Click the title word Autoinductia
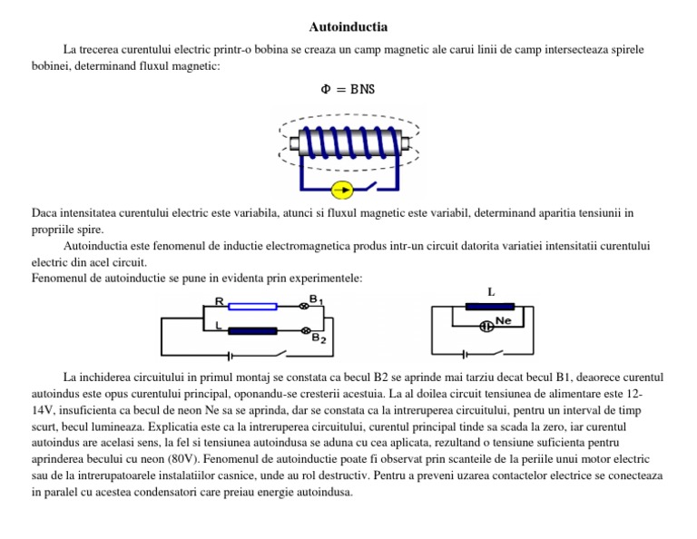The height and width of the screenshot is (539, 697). [x=348, y=26]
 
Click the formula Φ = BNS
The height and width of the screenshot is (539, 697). [x=348, y=89]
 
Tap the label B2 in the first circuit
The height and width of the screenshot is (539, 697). [x=319, y=338]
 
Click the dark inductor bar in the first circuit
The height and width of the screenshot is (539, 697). [x=251, y=330]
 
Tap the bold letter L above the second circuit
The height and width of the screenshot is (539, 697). [x=491, y=292]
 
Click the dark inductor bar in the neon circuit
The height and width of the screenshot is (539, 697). [x=489, y=307]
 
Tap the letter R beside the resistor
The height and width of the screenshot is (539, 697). [x=219, y=300]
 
